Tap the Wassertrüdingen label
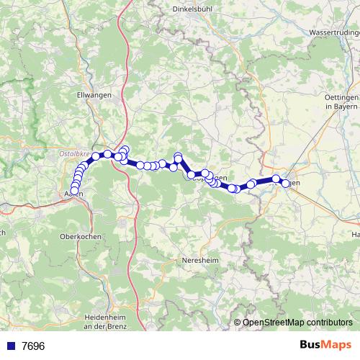coord(333,33)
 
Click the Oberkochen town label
coord(81,235)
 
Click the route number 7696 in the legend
coord(33,346)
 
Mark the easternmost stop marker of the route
coord(286,184)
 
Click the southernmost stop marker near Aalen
coord(74,190)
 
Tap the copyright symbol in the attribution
coord(238,323)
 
